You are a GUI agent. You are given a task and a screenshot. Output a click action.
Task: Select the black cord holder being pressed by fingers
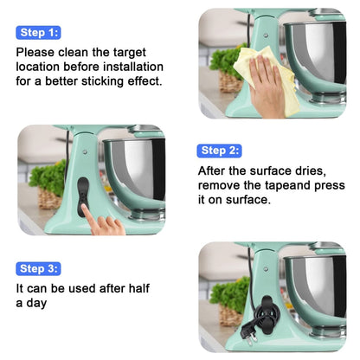click(82, 196)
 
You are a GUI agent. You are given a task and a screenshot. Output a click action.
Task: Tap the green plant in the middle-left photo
click(48, 177)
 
